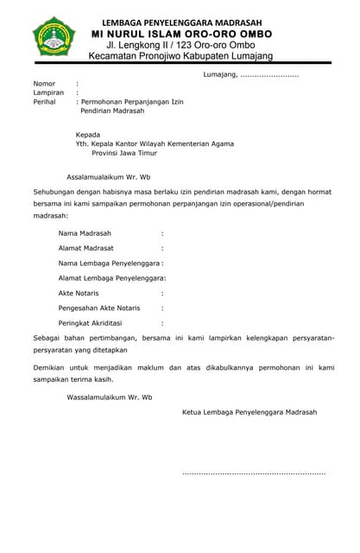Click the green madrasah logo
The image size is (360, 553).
pos(54,40)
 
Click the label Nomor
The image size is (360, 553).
pos(44,84)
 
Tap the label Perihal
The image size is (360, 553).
pos(44,102)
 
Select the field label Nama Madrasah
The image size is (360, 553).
pos(85,233)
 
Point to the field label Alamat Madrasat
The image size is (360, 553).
pos(86,248)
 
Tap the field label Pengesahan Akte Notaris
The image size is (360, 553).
pos(98,308)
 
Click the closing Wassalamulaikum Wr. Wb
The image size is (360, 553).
pos(109,397)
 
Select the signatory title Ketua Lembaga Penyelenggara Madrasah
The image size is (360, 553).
pos(249,412)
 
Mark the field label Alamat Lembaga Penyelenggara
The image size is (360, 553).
pos(111,277)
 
